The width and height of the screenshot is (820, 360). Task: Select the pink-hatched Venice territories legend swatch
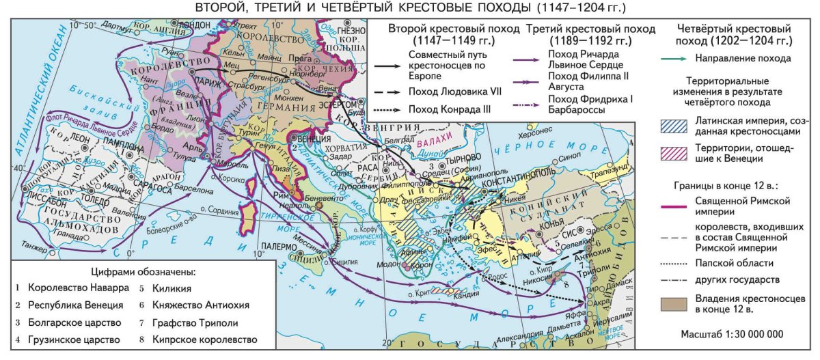click(676, 155)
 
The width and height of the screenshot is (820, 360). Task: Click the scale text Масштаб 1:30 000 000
click(732, 335)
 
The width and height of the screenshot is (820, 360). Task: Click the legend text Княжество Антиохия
click(191, 305)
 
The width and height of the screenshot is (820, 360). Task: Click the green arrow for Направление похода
click(676, 59)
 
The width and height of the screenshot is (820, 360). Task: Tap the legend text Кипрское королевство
click(194, 340)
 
